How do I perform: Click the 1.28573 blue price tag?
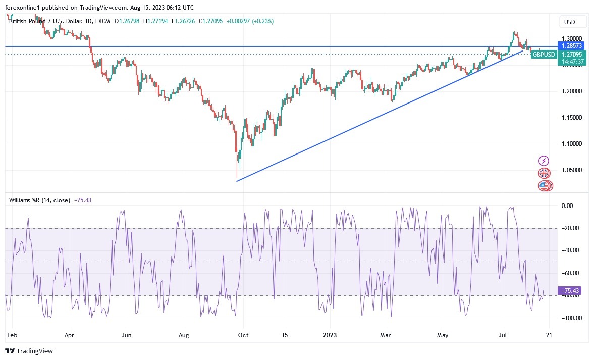572,46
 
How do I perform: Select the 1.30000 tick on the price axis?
572,38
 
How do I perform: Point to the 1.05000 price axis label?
572,170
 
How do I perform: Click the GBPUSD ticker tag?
544,55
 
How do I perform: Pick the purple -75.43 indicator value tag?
572,290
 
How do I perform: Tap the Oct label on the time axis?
243,335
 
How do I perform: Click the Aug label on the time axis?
184,335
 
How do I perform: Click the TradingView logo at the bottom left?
29,351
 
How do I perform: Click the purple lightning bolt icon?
544,161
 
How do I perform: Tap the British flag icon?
544,173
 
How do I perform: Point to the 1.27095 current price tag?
572,55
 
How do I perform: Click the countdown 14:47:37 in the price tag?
572,62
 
